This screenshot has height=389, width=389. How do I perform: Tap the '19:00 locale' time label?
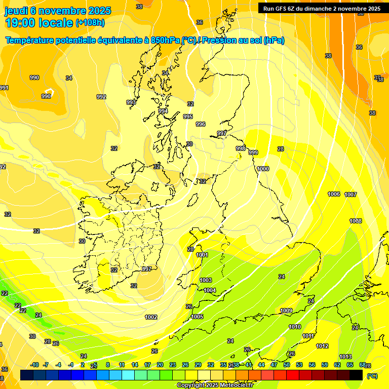coord(39,22)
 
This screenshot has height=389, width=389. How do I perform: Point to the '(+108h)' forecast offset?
coord(90,23)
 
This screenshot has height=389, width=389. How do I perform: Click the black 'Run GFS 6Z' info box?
coord(322,8)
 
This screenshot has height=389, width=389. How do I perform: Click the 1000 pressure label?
coord(263,169)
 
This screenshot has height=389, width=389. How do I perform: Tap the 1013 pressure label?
coord(345,357)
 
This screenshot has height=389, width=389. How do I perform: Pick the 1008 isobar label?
coord(356,221)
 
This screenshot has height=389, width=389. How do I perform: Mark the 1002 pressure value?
coord(151,317)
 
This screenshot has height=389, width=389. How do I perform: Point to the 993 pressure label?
coord(131,102)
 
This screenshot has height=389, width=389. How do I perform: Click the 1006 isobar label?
coord(334,194)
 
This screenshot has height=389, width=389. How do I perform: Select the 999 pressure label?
coord(253,152)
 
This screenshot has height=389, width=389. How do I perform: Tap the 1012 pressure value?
coord(322,346)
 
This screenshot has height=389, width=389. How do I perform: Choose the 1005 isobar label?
coord(197,317)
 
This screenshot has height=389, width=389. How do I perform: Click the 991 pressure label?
coord(4,88)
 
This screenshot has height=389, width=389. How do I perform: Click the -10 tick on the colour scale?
coord(35,365)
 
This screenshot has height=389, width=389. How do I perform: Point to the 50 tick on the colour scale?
coord(287,365)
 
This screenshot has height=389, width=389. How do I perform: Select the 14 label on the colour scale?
coord(135,365)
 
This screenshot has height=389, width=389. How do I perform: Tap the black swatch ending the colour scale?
coord(356,375)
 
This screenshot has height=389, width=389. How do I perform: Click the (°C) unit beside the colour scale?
coord(372,376)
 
